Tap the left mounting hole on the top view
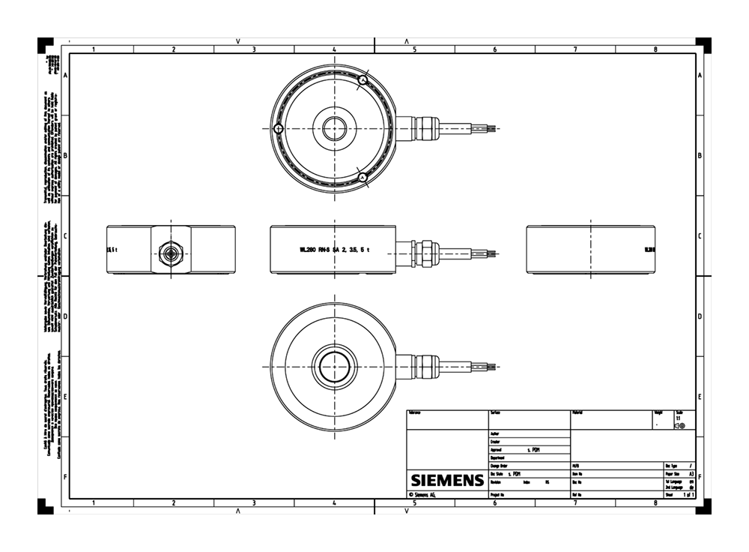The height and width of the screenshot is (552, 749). coord(278,129)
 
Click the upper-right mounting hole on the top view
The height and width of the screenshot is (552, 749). coord(363,79)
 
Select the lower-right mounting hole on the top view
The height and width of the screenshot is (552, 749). coord(363,178)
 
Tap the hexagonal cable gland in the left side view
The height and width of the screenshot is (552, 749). coord(172,253)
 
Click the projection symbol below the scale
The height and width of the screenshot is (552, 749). coord(679,426)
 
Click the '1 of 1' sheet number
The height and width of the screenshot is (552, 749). coord(688,496)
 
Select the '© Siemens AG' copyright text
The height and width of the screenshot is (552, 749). coord(422,496)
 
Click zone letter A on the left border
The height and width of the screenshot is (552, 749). coord(65,76)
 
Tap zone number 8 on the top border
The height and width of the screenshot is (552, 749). coord(655,49)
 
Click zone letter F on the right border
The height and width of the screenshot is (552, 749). coord(700,477)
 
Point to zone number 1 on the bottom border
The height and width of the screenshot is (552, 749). coord(93,502)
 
